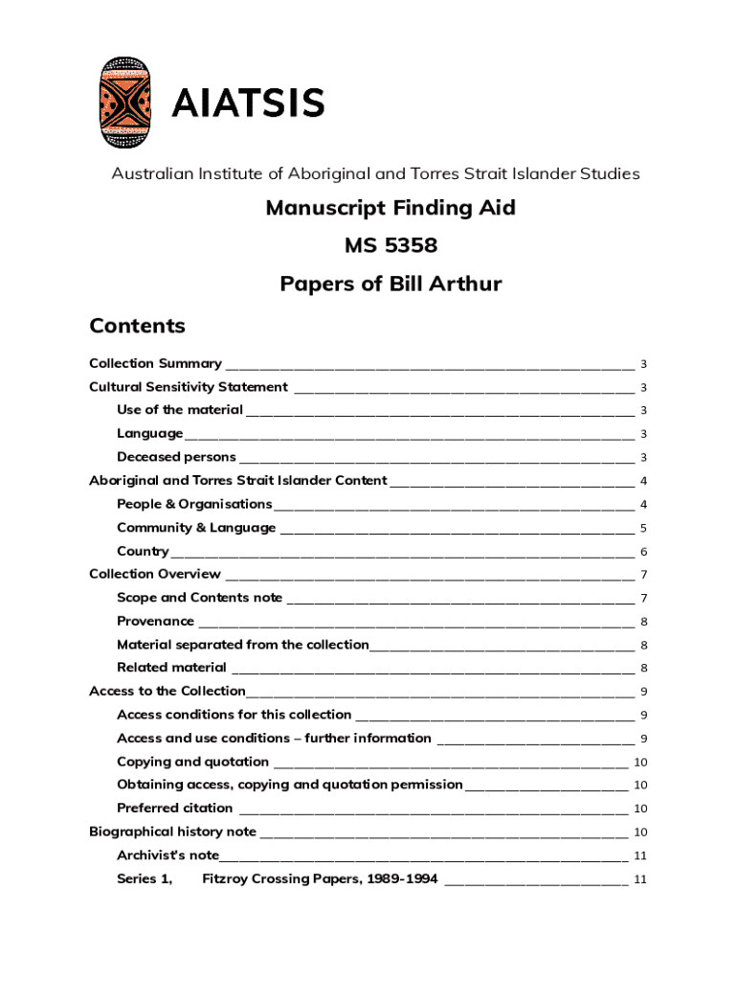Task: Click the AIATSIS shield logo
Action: [x=124, y=102]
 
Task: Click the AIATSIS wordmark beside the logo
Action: [x=248, y=103]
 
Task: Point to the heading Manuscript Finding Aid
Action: [x=391, y=208]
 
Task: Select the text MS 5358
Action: [x=391, y=246]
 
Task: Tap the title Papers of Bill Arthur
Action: [x=391, y=285]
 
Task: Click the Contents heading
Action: [x=137, y=326]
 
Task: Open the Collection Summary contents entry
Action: [x=155, y=364]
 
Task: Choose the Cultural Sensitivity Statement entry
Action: [x=189, y=387]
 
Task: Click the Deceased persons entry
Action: [x=176, y=457]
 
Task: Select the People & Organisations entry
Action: [x=194, y=504]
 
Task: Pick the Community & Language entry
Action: [x=196, y=528]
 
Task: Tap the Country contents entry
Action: [x=143, y=551]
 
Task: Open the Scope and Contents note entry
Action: [x=199, y=598]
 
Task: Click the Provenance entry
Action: [x=155, y=621]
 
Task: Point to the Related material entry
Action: [x=171, y=668]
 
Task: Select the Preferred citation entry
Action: [x=174, y=808]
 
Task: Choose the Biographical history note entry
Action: [x=172, y=832]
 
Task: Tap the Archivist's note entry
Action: [x=167, y=855]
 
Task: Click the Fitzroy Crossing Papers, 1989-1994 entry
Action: [x=320, y=878]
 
